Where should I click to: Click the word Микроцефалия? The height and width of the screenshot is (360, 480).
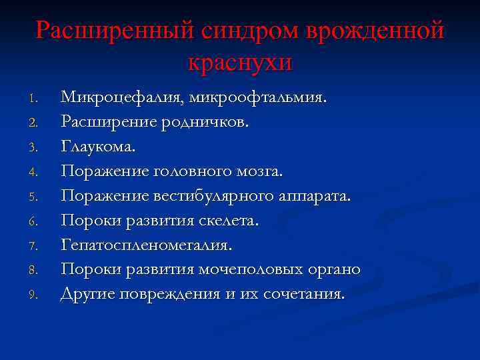tap(122, 98)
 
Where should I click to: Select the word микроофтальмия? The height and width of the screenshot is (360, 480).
tap(258, 98)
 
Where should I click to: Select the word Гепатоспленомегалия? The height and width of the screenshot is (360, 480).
tap(147, 245)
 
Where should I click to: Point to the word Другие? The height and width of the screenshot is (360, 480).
tap(87, 294)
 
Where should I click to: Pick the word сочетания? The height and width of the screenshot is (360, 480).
tap(306, 294)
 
